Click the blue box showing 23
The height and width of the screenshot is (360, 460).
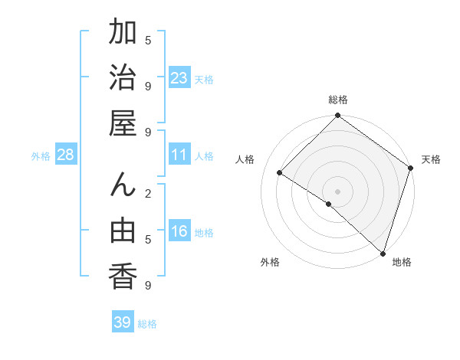pyautogui.click(x=179, y=78)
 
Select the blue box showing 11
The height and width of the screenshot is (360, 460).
pyautogui.click(x=179, y=155)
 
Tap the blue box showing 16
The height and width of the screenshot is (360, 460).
pyautogui.click(x=179, y=231)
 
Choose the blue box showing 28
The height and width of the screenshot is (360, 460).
pyautogui.click(x=66, y=155)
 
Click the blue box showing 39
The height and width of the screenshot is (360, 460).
pyautogui.click(x=123, y=322)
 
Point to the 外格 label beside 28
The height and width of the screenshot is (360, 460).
pyautogui.click(x=41, y=156)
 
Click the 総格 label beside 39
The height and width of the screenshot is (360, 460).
pyautogui.click(x=147, y=324)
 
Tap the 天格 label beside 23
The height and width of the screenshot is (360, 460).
pyautogui.click(x=204, y=80)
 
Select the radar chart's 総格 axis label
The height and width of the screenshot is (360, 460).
pyautogui.click(x=338, y=100)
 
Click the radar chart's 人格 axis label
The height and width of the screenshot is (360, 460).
pyautogui.click(x=245, y=159)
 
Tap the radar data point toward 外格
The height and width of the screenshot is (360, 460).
pyautogui.click(x=329, y=204)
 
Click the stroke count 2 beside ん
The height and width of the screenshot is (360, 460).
pyautogui.click(x=148, y=193)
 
